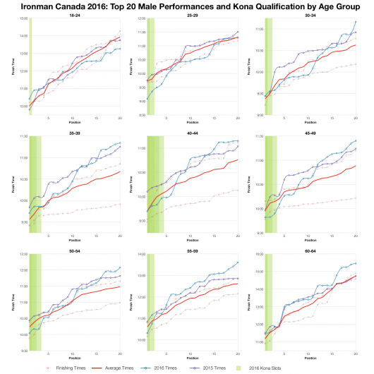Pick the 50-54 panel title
(x=73, y=249)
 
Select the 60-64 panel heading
(x=310, y=249)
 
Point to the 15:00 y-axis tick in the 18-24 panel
(x=23, y=19)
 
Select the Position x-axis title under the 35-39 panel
(x=74, y=239)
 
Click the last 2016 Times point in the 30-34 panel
(x=356, y=22)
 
